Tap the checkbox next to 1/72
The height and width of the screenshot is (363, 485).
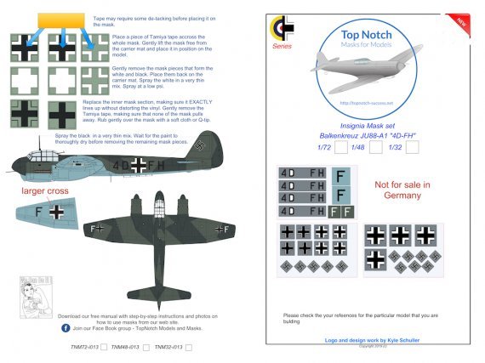pyautogui.click(x=340, y=146)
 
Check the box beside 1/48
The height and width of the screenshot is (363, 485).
pyautogui.click(x=377, y=146)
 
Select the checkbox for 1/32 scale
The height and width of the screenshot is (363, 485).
pyautogui.click(x=413, y=146)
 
